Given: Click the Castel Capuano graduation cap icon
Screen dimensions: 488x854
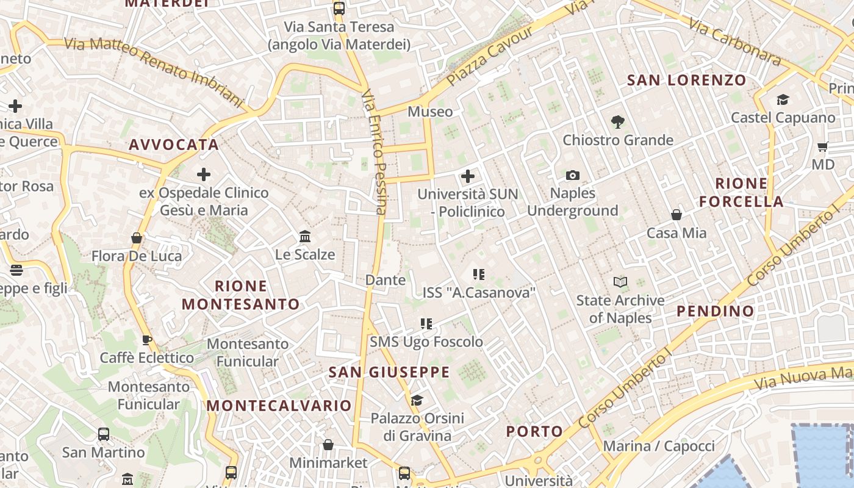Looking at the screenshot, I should point(783,99).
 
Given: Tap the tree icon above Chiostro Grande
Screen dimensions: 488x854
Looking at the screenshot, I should point(618,122).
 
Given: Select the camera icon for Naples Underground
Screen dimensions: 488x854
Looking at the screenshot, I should point(572,176).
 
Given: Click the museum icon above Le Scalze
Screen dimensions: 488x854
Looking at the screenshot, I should point(305,236).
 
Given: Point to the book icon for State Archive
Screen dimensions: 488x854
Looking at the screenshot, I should point(620,282).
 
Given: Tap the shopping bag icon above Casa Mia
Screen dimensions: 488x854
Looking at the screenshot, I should point(676,215).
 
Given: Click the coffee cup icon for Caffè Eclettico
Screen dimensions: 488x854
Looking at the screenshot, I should point(146,340).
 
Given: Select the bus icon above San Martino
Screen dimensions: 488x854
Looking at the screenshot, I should point(104,434).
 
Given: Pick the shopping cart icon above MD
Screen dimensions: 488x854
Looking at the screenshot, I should point(822,146).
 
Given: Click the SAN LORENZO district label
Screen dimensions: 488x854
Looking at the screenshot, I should point(686,80).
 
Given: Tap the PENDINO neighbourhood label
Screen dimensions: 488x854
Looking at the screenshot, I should point(716,311).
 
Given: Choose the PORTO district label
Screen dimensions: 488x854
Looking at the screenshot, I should point(534,432).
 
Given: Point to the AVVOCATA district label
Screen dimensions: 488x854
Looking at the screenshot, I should point(173,145).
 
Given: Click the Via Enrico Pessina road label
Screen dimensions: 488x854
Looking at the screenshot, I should point(374,153).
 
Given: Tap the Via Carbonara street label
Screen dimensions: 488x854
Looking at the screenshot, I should point(735,41).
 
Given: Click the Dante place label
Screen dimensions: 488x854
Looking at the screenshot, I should point(385,280).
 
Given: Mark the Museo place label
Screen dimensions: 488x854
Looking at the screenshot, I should point(430,112).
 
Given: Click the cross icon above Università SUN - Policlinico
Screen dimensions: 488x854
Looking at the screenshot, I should point(468,177).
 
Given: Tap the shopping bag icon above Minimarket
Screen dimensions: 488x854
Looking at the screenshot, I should point(328,445).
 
